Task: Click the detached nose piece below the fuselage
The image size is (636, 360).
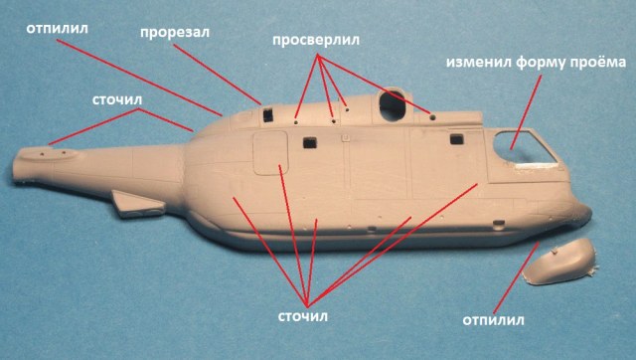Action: (559, 263)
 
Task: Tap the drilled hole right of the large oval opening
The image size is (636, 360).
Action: (433, 116)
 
